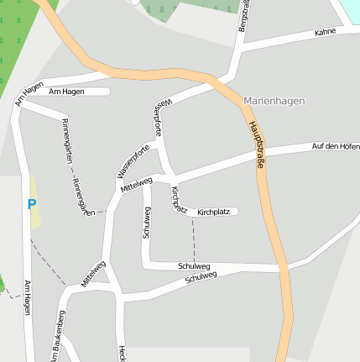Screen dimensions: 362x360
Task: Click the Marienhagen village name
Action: (x=274, y=101)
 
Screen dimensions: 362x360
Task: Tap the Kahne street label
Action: (x=325, y=32)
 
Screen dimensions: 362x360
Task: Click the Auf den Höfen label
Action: (x=335, y=146)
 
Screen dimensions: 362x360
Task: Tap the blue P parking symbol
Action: (x=32, y=204)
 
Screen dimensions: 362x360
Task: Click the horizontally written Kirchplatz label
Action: (x=213, y=212)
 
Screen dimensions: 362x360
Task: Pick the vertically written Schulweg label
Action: (x=146, y=221)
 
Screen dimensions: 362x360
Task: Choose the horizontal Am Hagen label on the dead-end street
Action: (x=67, y=91)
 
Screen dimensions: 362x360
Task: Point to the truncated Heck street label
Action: (x=122, y=354)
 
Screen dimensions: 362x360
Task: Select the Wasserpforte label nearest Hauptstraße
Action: (x=162, y=117)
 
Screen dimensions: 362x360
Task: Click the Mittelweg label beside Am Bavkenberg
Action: (x=93, y=274)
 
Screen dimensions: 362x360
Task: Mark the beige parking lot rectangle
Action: (x=34, y=202)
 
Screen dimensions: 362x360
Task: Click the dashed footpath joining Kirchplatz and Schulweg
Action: (x=194, y=244)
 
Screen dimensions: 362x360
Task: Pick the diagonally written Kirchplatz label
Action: (x=178, y=198)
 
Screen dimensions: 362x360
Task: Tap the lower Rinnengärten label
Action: (x=84, y=196)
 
